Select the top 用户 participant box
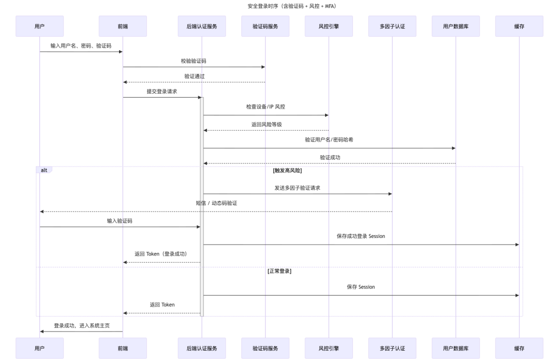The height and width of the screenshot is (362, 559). point(40,26)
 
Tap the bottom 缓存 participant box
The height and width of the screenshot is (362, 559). point(519,348)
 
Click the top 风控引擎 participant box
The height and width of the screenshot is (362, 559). point(329,26)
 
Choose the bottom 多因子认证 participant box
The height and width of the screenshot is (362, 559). point(392,348)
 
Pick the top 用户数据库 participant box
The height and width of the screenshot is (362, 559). point(455,26)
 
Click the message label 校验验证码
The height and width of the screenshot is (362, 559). point(194,61)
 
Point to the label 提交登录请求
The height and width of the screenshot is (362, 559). point(161,92)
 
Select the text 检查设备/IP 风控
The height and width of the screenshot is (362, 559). point(266,107)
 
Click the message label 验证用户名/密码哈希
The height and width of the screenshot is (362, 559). point(329,140)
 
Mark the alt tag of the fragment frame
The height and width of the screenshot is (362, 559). point(44,170)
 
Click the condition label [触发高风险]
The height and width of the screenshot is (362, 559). point(287,170)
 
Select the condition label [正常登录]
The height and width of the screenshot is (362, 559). point(279,271)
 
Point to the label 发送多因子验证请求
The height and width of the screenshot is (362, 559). point(297,188)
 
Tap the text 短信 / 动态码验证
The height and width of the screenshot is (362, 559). point(216,203)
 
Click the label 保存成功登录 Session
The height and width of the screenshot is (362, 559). point(361,236)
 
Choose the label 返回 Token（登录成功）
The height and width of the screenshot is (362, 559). point(160,254)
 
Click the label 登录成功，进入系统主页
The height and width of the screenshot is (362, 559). point(82,326)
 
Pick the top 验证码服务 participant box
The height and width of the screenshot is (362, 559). point(266,26)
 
